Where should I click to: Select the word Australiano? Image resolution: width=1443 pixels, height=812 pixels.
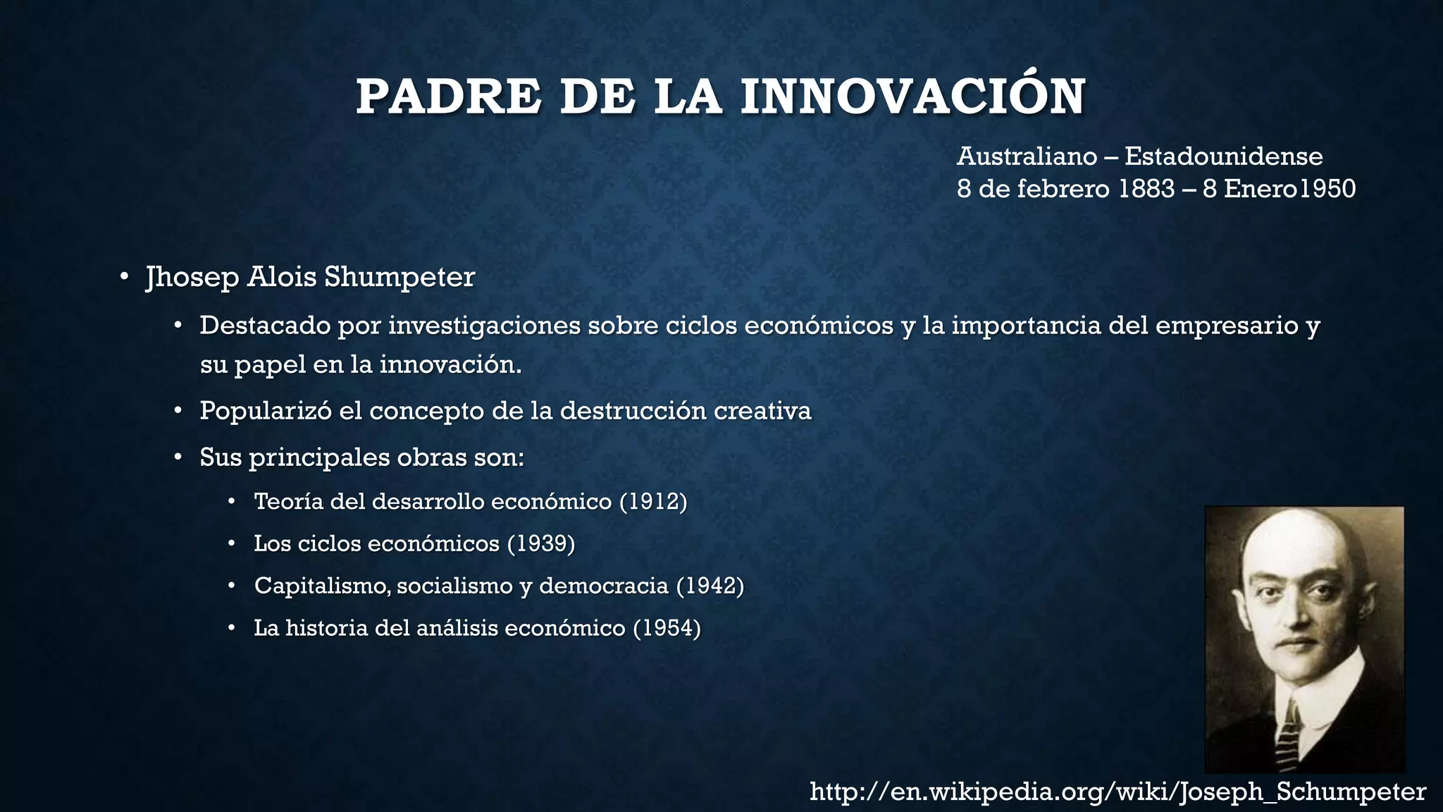point(1027,156)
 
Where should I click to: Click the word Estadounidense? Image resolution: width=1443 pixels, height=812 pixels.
point(1223,156)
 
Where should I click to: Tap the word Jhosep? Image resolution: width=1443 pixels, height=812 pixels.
point(192,277)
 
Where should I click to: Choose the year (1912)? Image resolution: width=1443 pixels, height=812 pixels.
point(653,502)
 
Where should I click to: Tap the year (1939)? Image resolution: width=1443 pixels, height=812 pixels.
point(541,543)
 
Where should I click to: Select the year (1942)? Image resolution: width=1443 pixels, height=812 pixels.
point(710,586)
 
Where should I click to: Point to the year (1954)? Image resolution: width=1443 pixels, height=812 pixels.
point(667,628)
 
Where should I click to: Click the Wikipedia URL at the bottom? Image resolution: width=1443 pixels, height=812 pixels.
point(1118,792)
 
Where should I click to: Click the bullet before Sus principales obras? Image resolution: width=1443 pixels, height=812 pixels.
point(179,457)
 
